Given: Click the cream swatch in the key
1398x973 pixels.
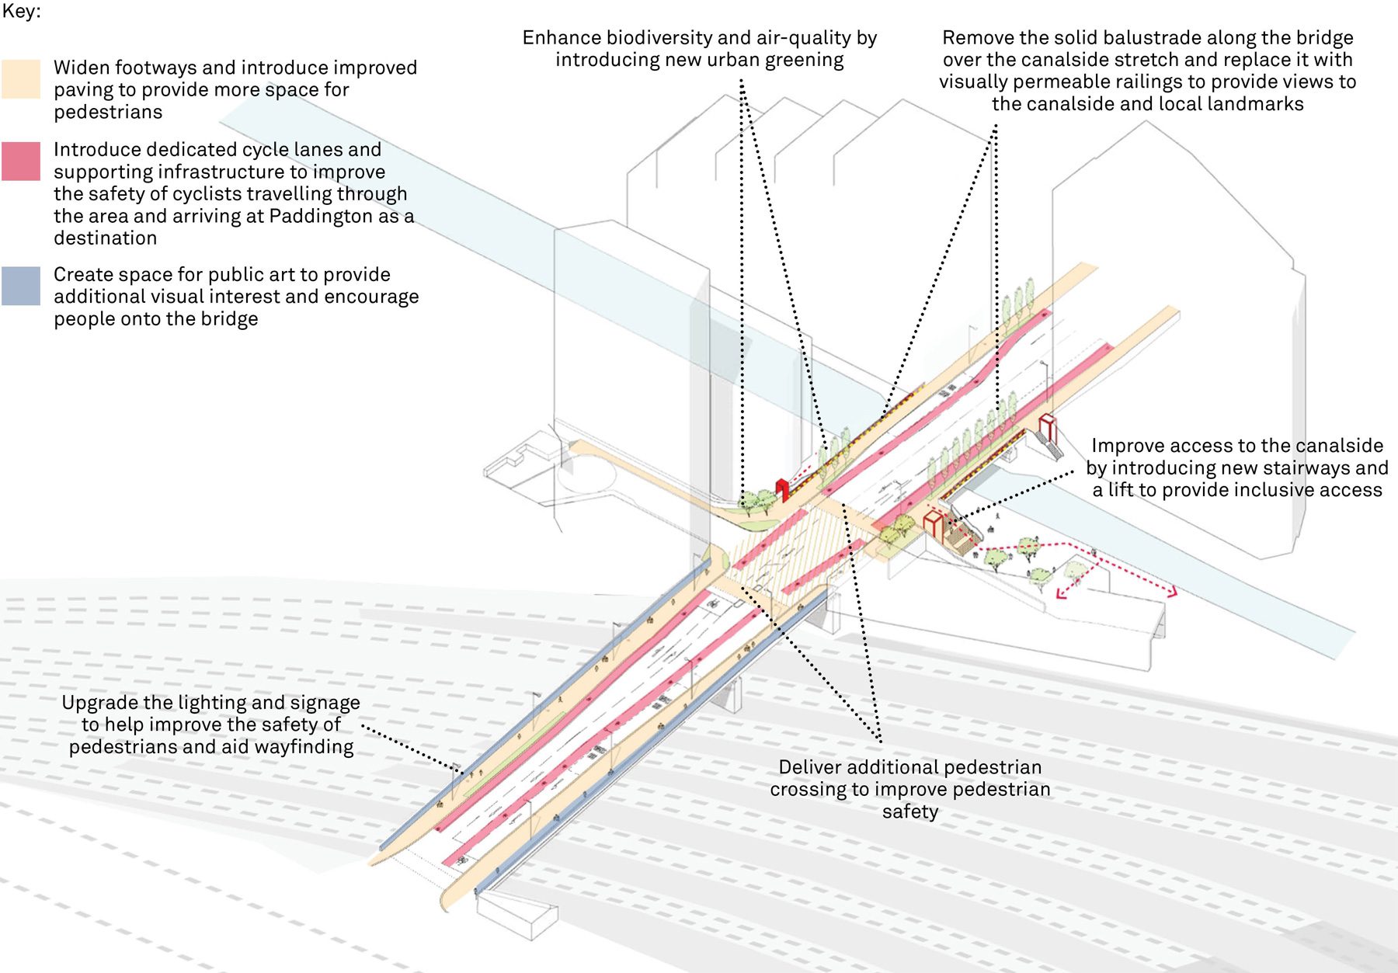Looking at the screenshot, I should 21,79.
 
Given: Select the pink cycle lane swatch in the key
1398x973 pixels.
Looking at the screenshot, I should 21,162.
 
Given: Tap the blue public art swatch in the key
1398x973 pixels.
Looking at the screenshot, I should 21,286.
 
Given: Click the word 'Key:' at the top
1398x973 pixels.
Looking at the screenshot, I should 21,12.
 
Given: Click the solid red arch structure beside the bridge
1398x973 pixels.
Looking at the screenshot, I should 783,489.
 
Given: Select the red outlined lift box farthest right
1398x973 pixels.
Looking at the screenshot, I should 1048,426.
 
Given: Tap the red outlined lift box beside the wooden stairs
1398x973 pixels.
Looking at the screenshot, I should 933,525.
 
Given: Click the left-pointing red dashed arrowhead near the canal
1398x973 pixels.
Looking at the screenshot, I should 1060,594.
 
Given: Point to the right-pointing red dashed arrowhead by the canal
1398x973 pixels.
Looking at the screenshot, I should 1172,592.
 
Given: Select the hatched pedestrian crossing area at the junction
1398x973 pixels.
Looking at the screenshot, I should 784,544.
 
